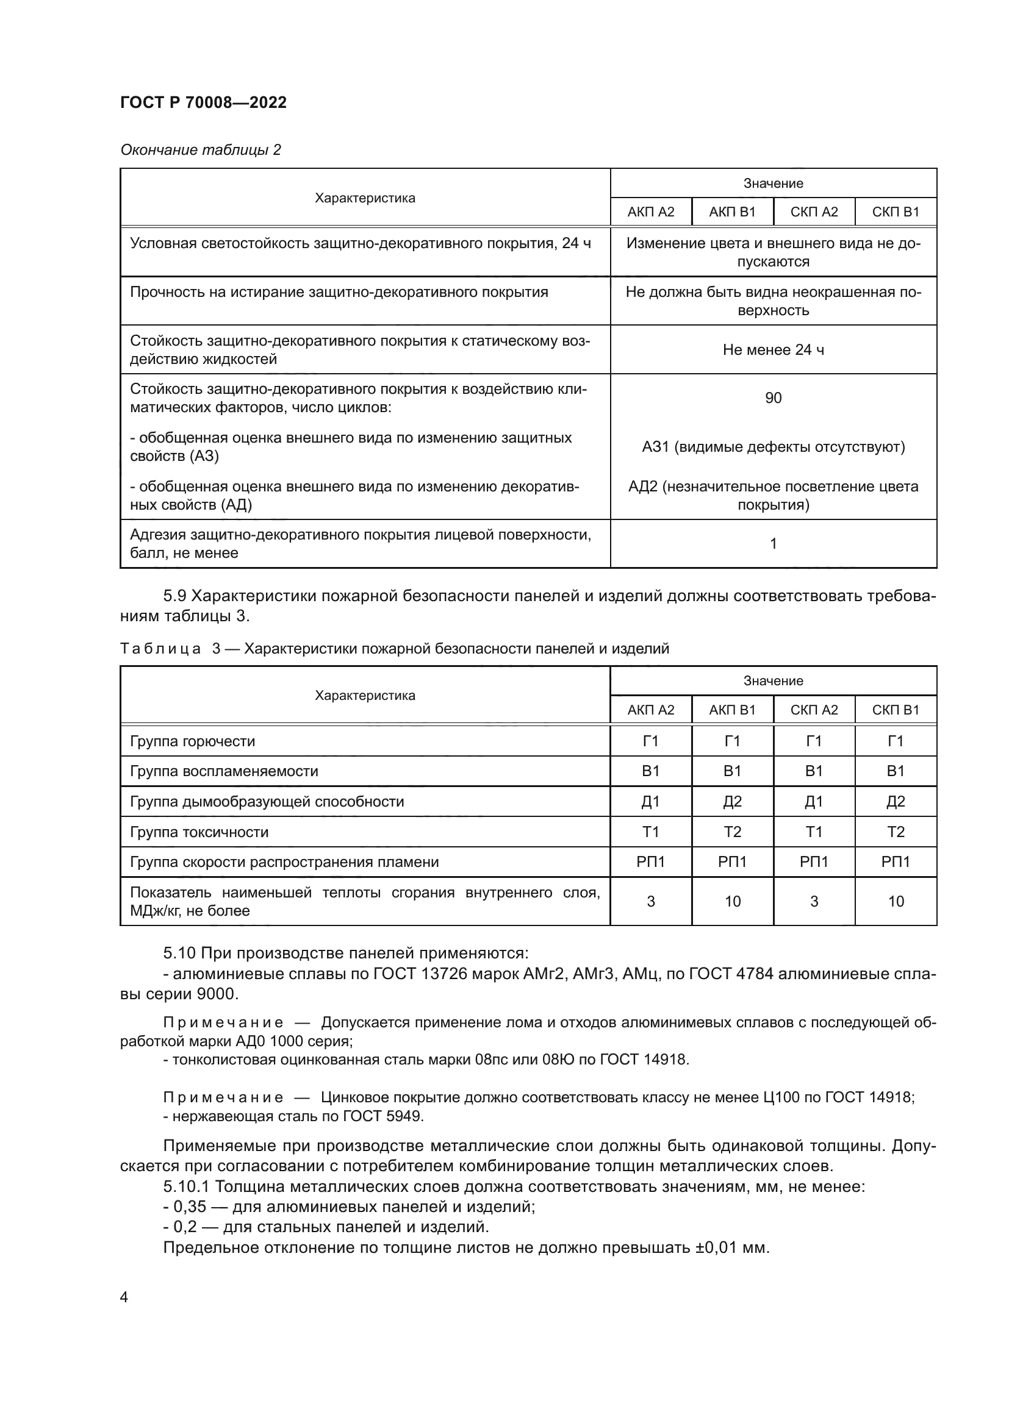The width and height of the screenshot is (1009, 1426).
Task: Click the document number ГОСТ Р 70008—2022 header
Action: [x=203, y=102]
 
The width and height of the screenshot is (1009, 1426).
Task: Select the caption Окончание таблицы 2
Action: [x=200, y=150]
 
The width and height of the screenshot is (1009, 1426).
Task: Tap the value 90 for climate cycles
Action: [x=773, y=398]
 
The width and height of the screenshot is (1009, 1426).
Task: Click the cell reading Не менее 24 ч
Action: [x=773, y=351]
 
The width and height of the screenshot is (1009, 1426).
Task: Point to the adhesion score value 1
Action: [x=773, y=544]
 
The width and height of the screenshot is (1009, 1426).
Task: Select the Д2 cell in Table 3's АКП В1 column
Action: [x=732, y=802]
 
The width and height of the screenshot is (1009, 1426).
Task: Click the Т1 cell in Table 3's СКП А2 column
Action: [x=814, y=832]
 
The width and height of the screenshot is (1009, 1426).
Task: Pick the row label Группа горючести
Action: [x=192, y=741]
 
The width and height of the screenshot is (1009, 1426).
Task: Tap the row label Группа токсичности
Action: [x=199, y=832]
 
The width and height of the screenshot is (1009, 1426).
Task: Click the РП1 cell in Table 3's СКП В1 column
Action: [x=896, y=862]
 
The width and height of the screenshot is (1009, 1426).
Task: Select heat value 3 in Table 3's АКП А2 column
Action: [x=650, y=902]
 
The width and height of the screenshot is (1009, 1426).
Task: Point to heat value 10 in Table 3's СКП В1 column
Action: [x=896, y=902]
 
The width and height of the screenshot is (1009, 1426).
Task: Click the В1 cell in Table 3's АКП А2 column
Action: [x=650, y=771]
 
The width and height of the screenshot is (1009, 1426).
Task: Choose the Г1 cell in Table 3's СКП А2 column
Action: [x=814, y=741]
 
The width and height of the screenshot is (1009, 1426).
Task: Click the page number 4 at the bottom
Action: [x=124, y=1297]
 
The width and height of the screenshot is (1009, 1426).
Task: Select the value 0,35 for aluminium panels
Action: [x=190, y=1207]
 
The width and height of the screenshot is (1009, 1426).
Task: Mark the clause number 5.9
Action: [x=174, y=596]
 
